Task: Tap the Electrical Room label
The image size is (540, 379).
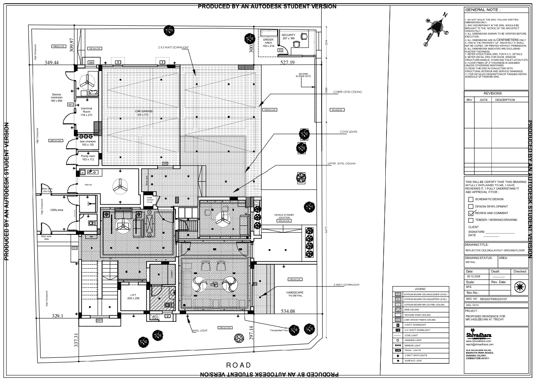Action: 87,111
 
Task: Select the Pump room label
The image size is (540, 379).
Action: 88,158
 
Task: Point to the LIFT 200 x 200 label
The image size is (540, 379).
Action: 133,297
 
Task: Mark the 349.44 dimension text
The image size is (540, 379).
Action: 52,63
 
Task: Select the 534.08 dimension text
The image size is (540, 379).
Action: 288,312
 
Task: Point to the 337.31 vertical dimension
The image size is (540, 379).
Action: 76,339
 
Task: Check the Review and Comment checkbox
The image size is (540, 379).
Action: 471,213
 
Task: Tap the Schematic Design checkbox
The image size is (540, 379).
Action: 471,199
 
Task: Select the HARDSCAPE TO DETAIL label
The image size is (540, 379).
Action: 295,294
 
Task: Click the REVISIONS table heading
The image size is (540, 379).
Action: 492,94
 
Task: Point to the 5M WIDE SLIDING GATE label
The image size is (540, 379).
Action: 304,75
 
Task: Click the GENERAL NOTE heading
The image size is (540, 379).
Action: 482,10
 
